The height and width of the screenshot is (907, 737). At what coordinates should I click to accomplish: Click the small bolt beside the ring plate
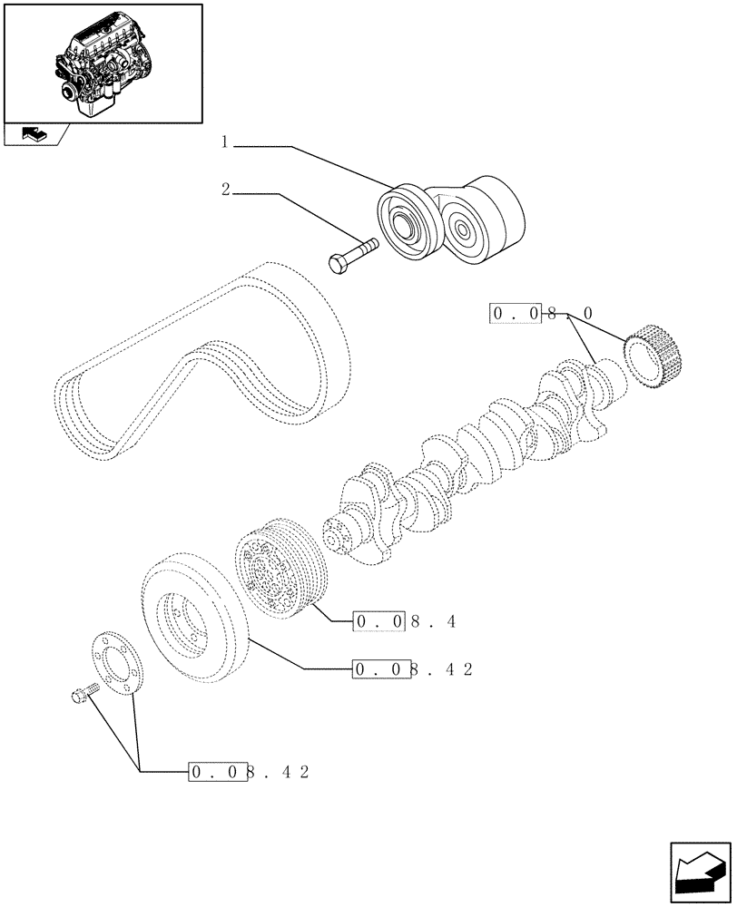pos(83,697)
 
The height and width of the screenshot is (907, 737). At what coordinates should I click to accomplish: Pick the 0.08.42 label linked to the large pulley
pos(413,669)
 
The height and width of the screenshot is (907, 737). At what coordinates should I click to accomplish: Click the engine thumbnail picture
pos(102,62)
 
